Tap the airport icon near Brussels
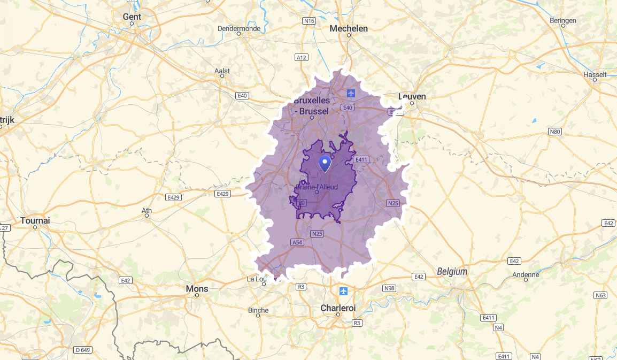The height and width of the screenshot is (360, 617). click(351, 93)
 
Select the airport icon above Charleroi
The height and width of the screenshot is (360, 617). click(343, 291)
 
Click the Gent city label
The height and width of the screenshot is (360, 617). click(132, 17)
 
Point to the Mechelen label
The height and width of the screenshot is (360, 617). click(349, 28)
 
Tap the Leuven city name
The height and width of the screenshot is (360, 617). click(412, 97)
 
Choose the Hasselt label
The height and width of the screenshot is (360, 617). click(595, 74)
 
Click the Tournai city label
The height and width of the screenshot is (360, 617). click(35, 220)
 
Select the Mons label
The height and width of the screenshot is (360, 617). click(197, 289)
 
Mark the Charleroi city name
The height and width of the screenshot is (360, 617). click(338, 308)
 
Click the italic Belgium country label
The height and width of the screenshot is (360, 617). click(452, 272)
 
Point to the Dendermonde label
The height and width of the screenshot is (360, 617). click(239, 28)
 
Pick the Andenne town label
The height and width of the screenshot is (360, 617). click(526, 274)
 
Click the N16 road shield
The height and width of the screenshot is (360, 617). click(308, 21)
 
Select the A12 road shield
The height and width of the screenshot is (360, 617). click(302, 57)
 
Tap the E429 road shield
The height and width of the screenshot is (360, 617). click(222, 193)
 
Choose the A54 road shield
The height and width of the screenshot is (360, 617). click(297, 242)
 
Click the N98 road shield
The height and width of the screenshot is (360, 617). click(389, 288)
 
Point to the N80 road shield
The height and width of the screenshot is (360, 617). click(555, 131)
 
